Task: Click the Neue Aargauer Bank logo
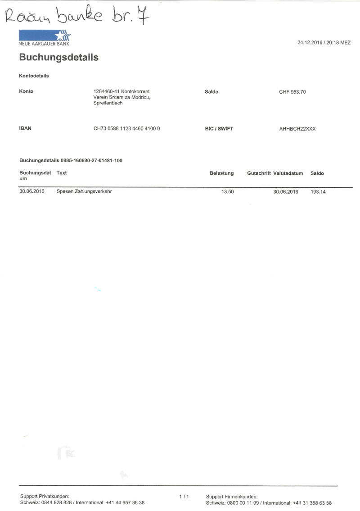(x=45, y=37)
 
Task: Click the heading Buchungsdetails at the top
(x=58, y=58)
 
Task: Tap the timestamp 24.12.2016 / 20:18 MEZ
(x=324, y=43)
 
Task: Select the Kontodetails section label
(x=34, y=76)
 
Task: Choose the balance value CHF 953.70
(x=292, y=92)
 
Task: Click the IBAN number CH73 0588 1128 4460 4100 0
(x=126, y=129)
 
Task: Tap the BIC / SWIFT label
(x=219, y=129)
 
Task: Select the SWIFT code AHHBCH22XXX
(x=297, y=129)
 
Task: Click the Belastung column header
(x=221, y=173)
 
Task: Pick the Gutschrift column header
(x=259, y=173)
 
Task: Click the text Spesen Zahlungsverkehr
(x=84, y=192)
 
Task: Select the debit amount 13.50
(x=227, y=192)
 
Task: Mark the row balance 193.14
(x=318, y=192)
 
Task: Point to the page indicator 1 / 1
(x=184, y=497)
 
